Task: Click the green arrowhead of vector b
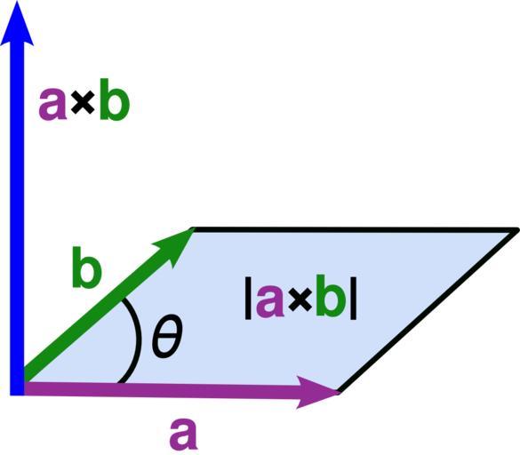click(176, 244)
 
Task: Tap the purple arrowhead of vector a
click(318, 392)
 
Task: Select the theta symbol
click(167, 337)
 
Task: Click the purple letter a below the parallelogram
click(183, 434)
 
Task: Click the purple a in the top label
click(53, 104)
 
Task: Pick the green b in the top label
click(114, 100)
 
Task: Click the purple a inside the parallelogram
click(270, 301)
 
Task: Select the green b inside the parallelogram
click(331, 296)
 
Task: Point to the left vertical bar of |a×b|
click(248, 298)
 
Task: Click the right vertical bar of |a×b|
click(353, 298)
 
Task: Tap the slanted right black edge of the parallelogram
click(428, 311)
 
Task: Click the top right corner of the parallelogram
click(516, 230)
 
